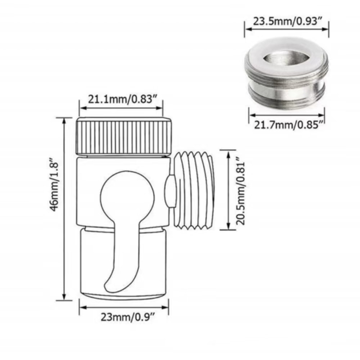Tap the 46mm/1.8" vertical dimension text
(54, 187)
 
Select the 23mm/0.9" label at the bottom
(124, 317)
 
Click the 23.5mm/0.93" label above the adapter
(287, 21)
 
